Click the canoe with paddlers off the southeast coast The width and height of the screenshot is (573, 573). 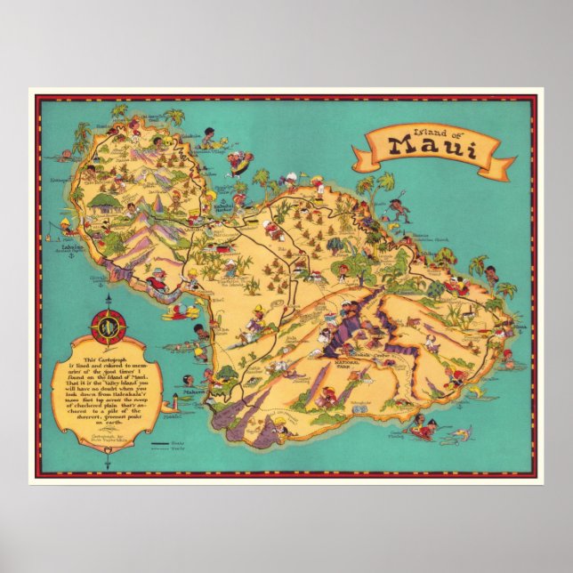421,432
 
